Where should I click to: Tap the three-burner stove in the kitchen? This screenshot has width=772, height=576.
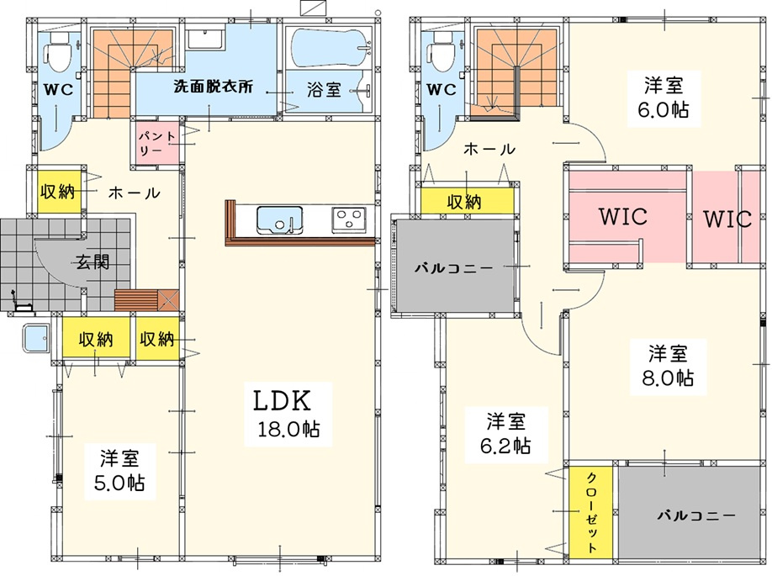347,220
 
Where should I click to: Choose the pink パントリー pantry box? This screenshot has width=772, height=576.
154,142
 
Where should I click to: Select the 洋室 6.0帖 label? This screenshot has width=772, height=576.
664,97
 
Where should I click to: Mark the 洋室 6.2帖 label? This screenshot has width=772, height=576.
509,432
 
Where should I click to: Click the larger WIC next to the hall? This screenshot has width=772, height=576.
622,217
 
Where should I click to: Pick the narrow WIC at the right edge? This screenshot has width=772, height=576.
727,219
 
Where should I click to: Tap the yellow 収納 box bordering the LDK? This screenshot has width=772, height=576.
157,340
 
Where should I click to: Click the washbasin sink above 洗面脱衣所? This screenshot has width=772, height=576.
204,40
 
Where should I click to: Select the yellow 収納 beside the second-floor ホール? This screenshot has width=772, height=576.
466,201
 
